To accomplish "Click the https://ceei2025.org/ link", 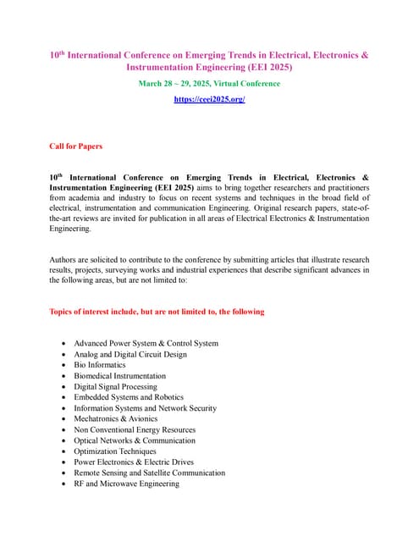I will (x=209, y=99).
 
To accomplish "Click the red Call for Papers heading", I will (x=76, y=146).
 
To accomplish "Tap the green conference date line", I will (x=209, y=83).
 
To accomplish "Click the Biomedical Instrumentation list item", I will (x=119, y=376).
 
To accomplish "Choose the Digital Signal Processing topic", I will (x=115, y=386).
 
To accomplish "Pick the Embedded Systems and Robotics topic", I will (x=129, y=397).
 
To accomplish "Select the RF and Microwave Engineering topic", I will (x=126, y=484).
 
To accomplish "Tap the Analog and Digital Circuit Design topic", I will (x=130, y=354).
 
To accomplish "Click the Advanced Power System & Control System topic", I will (x=146, y=343).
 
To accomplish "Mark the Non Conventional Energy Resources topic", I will (x=135, y=429).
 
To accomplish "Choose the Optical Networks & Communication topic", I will (x=134, y=440).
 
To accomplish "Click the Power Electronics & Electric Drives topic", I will (x=134, y=462).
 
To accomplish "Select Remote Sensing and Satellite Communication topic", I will (x=149, y=473).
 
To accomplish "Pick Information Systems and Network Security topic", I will (x=145, y=408).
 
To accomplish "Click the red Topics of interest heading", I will (x=157, y=312).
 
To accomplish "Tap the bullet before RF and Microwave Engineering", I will (x=65, y=484).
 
